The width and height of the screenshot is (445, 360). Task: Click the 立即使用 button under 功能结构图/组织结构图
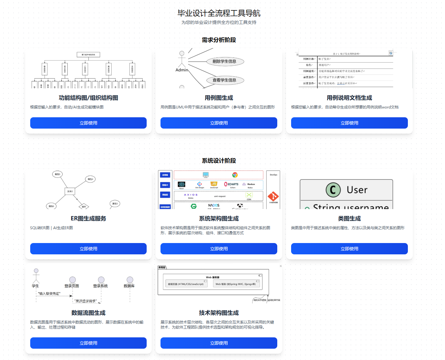point(88,123)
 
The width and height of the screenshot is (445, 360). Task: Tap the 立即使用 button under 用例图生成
point(219,123)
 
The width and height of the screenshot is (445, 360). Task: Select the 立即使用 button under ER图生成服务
point(88,249)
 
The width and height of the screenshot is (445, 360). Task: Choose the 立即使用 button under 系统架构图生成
point(219,249)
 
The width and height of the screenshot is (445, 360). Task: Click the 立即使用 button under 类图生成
point(349,249)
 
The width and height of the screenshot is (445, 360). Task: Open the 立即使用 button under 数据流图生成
point(88,343)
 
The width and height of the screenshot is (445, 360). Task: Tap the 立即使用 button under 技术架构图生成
point(219,343)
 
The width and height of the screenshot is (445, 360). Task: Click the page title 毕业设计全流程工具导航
point(219,13)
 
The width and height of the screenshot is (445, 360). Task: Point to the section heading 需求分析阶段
point(219,40)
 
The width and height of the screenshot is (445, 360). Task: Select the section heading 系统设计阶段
point(219,161)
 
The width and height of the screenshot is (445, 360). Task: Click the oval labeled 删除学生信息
point(224,61)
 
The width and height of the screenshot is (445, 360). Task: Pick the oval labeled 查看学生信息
point(224,80)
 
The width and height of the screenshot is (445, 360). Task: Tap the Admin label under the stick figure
point(182,70)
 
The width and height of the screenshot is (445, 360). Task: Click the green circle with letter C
point(333,190)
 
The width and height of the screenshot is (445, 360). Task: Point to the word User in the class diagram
point(357,190)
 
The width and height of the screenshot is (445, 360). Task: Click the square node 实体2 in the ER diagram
point(70,191)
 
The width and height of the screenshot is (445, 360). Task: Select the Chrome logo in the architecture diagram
point(235,175)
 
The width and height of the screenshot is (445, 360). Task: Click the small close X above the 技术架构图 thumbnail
point(281,266)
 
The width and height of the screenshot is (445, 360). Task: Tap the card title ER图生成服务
point(88,219)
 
